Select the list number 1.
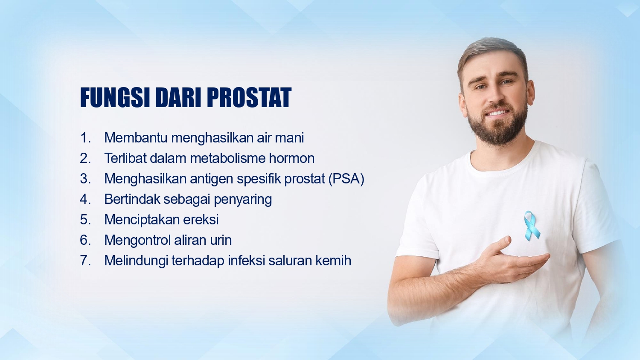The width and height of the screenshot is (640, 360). [x=85, y=138]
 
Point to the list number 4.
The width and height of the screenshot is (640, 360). [x=85, y=199]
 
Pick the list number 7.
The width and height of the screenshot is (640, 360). [x=85, y=261]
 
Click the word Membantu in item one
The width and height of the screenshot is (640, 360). [x=136, y=138]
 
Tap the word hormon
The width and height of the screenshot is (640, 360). [x=292, y=158]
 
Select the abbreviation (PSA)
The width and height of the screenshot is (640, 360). [x=346, y=179]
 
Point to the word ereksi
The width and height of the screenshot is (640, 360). [x=201, y=220]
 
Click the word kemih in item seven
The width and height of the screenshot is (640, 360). [x=333, y=261]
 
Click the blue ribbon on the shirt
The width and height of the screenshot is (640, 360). [x=532, y=226]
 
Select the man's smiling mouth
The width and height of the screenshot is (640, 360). [x=497, y=113]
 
